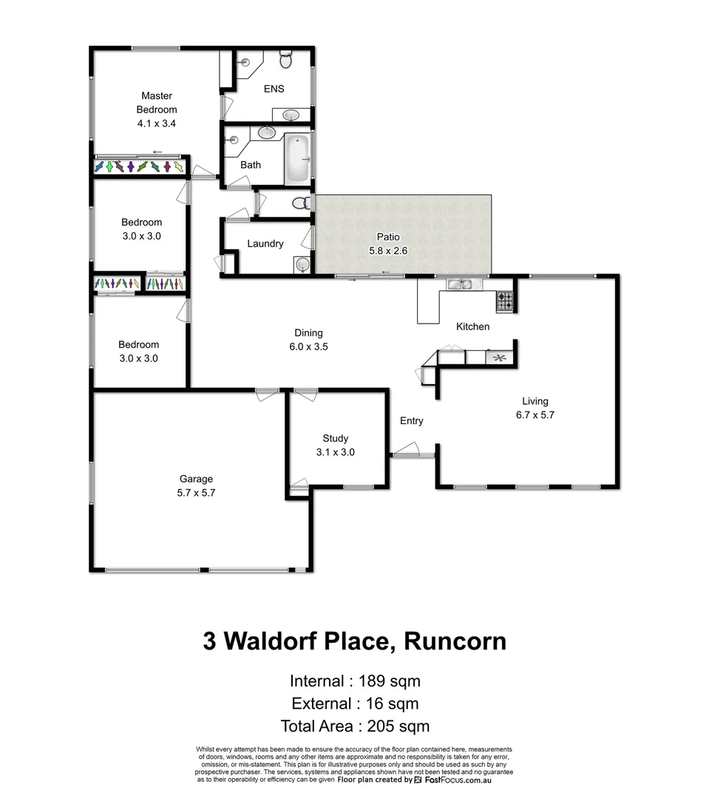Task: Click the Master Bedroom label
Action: [157, 103]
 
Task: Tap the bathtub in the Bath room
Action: [297, 159]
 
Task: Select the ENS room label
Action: [274, 89]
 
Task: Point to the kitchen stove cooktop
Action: [504, 300]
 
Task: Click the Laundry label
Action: [265, 244]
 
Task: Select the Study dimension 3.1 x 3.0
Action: [335, 452]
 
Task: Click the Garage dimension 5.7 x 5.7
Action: [196, 492]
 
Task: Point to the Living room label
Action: [534, 401]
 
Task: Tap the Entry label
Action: [412, 421]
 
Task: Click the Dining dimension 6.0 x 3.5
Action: [308, 347]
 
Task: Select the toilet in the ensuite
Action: [287, 59]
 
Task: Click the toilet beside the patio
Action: [302, 202]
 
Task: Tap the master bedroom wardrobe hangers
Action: [138, 167]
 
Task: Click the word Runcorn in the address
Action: [455, 641]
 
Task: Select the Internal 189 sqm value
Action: [389, 681]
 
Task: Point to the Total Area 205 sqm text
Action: [355, 726]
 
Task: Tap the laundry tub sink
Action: [300, 264]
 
